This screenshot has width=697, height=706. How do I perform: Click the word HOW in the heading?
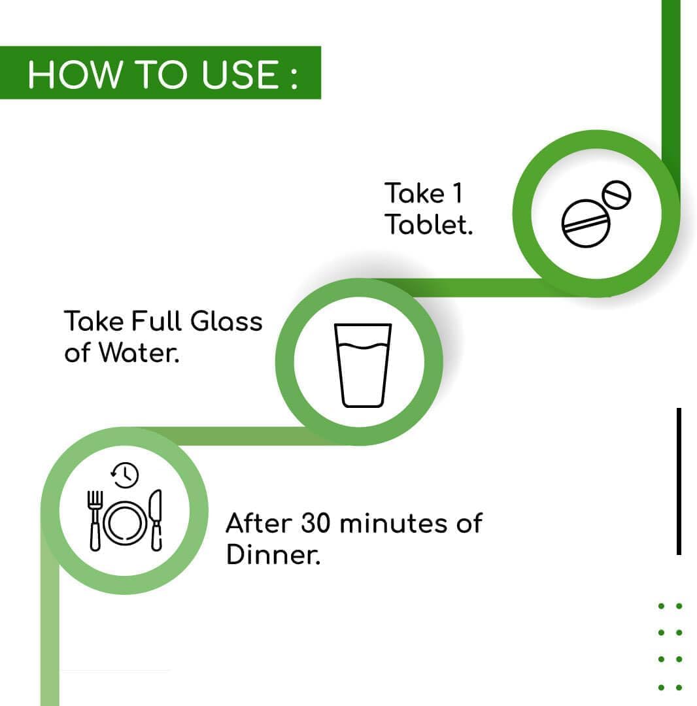75,75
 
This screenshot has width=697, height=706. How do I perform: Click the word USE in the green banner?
240,75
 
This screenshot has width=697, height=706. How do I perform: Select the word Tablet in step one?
428,225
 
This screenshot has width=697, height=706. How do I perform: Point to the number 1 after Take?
456,193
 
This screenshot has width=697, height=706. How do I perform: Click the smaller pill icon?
617,195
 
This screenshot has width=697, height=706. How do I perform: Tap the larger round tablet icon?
586,224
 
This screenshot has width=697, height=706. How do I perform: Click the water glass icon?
362,365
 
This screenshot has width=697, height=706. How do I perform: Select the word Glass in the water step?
226,322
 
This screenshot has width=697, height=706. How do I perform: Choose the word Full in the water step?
157,321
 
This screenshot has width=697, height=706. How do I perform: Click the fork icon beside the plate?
95,520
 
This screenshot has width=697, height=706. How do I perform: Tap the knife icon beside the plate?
156,520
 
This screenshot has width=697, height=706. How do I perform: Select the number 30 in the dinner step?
316,523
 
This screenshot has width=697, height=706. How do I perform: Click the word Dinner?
273,554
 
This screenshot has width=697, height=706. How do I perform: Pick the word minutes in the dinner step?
394,524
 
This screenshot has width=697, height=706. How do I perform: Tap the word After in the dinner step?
259,523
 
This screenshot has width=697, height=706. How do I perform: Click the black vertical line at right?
679,481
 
